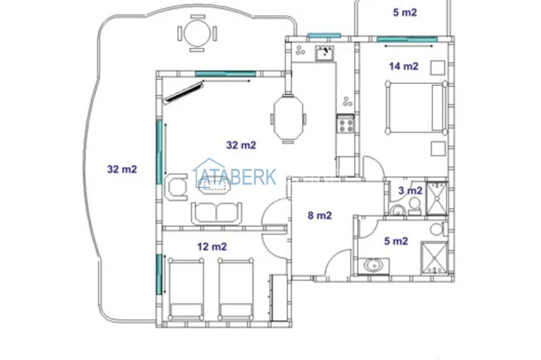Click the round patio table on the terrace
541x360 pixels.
(197, 34)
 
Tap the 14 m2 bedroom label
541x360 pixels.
(404, 66)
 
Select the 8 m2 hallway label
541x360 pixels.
(320, 216)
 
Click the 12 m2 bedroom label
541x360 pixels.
(212, 247)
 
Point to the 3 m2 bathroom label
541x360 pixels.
(411, 190)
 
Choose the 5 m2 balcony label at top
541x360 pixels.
(405, 13)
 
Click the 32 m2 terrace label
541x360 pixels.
(122, 169)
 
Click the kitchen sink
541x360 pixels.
(325, 53)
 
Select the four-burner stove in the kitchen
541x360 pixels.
(346, 124)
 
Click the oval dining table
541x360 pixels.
(288, 117)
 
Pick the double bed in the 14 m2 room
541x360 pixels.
(416, 107)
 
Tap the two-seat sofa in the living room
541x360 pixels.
(216, 214)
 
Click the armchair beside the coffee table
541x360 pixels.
(176, 187)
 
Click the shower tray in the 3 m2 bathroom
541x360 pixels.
(437, 198)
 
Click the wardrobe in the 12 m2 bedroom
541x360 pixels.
(278, 298)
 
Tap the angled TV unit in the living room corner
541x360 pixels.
(183, 92)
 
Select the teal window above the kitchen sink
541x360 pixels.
(324, 35)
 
